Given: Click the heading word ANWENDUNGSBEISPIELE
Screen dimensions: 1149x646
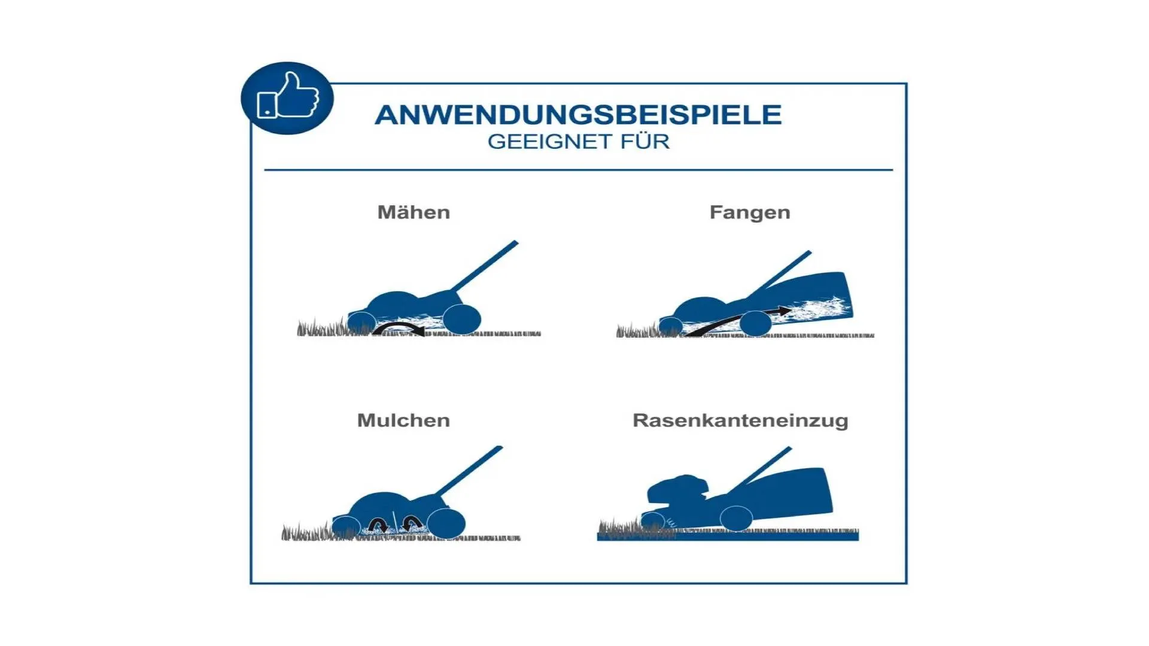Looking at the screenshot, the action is tap(578, 115).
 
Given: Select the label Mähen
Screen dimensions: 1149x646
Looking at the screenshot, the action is tap(414, 212).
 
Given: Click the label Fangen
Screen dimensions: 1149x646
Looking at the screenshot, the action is tap(750, 212).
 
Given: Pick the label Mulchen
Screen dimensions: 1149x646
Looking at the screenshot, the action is tap(403, 420).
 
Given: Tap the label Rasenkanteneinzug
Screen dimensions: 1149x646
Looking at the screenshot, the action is tap(740, 420).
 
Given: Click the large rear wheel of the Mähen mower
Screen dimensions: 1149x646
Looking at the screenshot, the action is tap(461, 319).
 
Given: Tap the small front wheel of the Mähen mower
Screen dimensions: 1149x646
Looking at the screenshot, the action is tap(361, 322).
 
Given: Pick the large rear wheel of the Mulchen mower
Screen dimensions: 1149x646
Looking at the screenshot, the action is tap(446, 523).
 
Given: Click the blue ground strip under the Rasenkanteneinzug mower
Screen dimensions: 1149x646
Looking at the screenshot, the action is tap(728, 537).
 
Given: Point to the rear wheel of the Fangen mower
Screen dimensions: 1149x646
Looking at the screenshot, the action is tap(755, 324).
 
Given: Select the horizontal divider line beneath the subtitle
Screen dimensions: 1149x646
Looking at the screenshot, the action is tap(579, 170).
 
